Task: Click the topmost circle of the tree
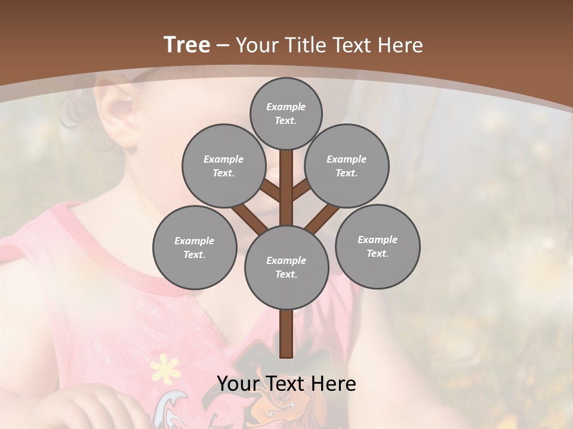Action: click(286, 113)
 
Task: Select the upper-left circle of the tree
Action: click(223, 166)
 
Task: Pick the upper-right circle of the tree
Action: click(346, 166)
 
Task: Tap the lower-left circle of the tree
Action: click(195, 247)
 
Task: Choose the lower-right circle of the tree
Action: click(377, 246)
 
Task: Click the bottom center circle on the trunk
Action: click(286, 267)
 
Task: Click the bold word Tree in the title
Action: click(187, 45)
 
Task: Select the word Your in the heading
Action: click(257, 45)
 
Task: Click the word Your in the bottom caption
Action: click(239, 384)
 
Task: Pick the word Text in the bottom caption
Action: click(286, 384)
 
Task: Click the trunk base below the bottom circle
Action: click(286, 334)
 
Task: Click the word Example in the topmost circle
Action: click(286, 107)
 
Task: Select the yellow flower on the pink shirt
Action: click(165, 368)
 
